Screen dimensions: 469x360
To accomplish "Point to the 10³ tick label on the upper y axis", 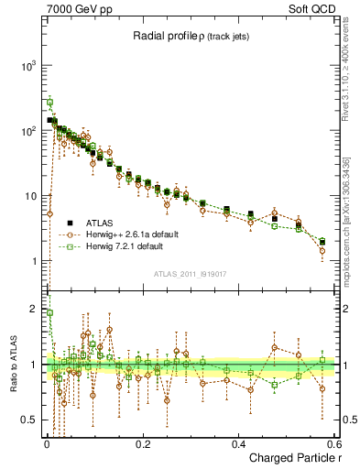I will (x=28, y=66).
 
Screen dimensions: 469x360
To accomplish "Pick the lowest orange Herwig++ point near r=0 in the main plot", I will (x=49, y=214).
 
